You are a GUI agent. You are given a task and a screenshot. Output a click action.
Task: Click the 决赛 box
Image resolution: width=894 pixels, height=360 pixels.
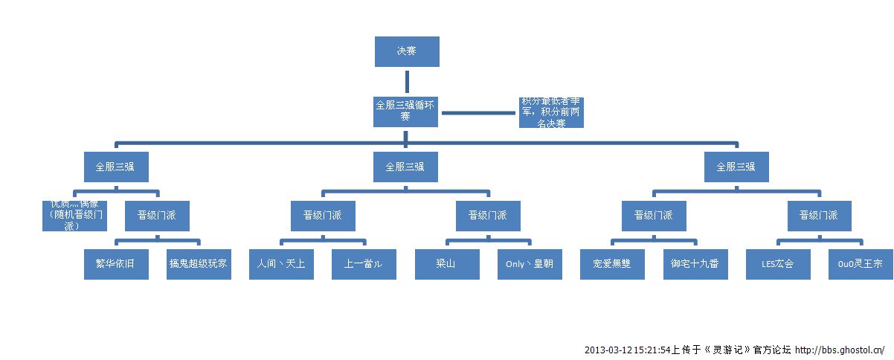pos(406,51)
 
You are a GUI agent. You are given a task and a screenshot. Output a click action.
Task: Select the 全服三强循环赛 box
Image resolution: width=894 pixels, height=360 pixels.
pos(405,111)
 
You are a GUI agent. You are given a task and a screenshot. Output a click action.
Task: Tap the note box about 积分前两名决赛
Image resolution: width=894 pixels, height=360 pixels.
pos(551,112)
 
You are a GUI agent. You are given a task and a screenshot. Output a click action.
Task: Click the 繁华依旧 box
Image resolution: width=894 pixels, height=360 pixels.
pos(117,263)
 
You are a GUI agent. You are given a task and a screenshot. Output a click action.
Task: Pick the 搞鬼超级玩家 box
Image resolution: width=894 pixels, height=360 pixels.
pos(199,263)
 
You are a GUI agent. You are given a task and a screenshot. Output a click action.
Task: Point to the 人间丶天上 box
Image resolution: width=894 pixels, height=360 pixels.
pos(280,263)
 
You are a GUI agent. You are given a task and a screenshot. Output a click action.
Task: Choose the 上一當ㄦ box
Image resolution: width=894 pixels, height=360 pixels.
pos(364,263)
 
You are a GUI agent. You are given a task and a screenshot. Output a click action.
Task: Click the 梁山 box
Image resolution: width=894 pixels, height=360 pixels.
pos(447,263)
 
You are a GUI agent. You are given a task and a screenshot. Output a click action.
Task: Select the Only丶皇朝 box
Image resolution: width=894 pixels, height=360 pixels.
pos(530,263)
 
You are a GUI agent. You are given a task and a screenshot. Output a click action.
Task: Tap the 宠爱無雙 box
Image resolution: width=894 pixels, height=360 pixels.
pos(612,263)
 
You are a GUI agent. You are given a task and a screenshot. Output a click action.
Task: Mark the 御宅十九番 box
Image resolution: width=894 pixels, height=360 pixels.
pos(695,263)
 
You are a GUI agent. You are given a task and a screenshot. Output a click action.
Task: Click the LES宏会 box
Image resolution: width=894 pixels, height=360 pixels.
pos(778,263)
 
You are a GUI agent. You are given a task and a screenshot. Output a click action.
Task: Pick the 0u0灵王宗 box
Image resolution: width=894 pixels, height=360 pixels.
pos(861,263)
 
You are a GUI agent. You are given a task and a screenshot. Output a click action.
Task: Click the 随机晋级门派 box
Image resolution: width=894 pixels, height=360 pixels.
pos(75,216)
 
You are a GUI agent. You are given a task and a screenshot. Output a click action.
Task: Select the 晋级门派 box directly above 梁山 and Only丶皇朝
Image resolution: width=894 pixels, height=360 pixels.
pos(488,216)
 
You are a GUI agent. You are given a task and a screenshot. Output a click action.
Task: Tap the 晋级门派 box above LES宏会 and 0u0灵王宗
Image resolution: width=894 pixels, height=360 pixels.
pos(819,216)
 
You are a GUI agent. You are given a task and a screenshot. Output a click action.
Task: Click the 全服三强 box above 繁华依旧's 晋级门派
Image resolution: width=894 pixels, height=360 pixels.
pos(115,167)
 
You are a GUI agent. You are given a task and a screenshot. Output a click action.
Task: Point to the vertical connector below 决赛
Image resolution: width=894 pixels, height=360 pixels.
pos(406,80)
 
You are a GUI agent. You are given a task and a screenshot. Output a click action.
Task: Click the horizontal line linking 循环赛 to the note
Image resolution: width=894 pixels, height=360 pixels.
pos(479,113)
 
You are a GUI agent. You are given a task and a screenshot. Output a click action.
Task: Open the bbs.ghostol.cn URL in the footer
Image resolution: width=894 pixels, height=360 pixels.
pos(840,350)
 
